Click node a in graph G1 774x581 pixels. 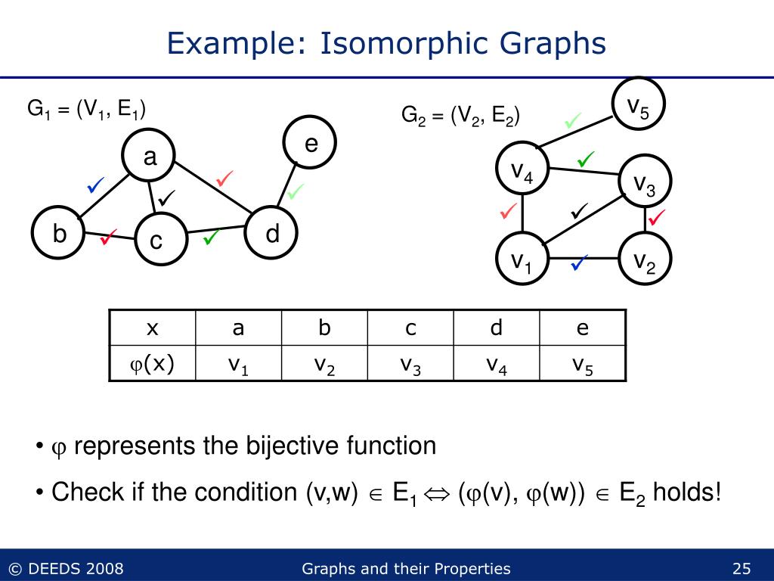pos(150,157)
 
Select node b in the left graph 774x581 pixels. pos(59,235)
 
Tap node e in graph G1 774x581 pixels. pos(310,143)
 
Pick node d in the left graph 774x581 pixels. pos(272,234)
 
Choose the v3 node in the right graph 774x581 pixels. pos(645,181)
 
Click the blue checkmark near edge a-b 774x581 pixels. pos(95,184)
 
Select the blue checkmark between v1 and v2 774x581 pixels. pos(580,263)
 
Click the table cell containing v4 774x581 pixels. pos(497,365)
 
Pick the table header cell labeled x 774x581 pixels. pos(153,328)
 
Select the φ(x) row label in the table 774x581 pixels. pos(153,365)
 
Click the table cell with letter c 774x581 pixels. pos(410,328)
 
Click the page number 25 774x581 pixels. pos(741,569)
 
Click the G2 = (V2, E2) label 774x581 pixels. pos(460,116)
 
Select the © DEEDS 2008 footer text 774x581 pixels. pos(66,569)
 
